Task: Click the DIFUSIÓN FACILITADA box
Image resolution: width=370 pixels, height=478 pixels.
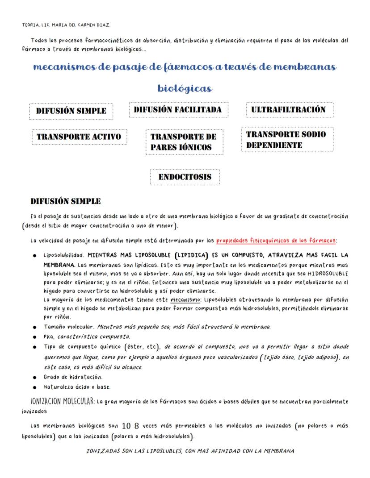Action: tap(178, 110)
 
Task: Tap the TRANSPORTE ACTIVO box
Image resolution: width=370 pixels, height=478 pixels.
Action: tap(79, 137)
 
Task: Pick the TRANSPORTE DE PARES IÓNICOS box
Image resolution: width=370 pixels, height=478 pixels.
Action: tap(184, 142)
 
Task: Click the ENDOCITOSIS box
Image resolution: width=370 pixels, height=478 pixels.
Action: tap(185, 177)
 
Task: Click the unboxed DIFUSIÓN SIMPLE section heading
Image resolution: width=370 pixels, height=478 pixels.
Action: tap(65, 201)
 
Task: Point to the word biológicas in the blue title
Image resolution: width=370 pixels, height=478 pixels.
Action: tap(185, 88)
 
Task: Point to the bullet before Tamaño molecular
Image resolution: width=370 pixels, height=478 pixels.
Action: tap(34, 327)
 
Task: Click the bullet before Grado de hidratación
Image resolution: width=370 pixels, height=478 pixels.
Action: tap(34, 377)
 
